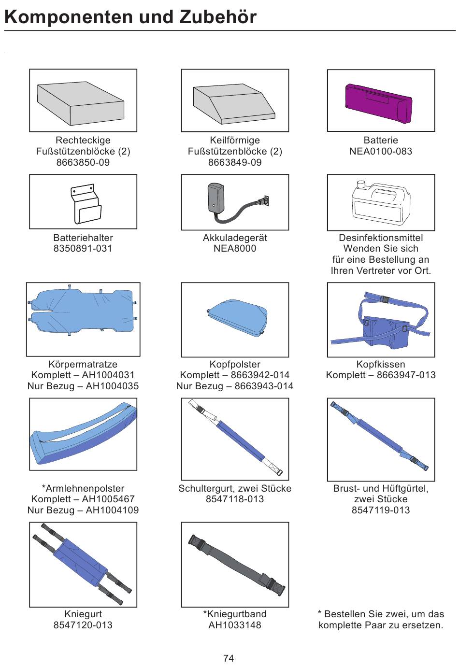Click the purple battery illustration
379,103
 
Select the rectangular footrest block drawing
81,102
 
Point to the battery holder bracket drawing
86,204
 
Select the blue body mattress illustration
82,312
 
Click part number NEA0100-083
381,152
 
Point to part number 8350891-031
83,249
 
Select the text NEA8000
235,249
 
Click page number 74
229,658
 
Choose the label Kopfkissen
381,364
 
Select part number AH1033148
235,625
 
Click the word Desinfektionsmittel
381,238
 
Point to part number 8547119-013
381,510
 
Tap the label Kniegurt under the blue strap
83,614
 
